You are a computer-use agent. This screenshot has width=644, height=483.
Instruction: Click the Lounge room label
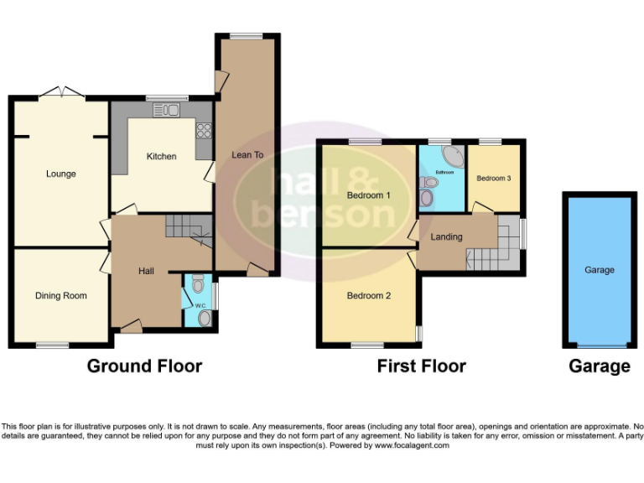pos(60,174)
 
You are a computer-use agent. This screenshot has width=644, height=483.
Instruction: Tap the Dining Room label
pos(60,295)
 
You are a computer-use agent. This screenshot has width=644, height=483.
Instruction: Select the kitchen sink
pos(166,110)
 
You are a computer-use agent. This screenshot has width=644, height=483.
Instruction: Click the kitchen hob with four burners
pos(202,130)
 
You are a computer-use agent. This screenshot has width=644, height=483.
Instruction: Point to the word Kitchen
pos(161,157)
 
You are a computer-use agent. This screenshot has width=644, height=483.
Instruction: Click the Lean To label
pos(247,155)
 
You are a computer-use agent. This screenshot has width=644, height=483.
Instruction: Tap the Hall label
pos(146,272)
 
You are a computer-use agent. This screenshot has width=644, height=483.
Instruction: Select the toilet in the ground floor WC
pos(197,286)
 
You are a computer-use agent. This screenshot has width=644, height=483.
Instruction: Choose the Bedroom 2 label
pos(369,295)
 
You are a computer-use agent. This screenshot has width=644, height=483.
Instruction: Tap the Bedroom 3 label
pos(492,179)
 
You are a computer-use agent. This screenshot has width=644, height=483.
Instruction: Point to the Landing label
pos(446,236)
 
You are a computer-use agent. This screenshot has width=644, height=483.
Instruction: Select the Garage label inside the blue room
pos(599,270)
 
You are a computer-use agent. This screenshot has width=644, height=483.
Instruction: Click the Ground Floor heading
pos(144,366)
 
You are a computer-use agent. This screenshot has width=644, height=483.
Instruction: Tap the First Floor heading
pos(421,366)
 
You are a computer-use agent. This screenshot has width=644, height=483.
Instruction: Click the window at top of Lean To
pos(247,35)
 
